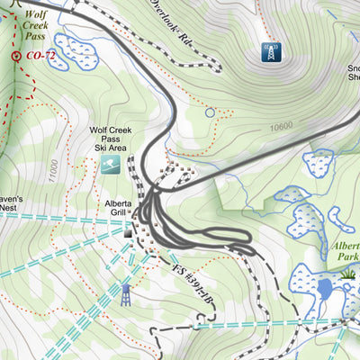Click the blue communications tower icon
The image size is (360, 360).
pyautogui.click(x=269, y=52)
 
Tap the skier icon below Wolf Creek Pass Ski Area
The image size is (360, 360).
pyautogui.click(x=110, y=166)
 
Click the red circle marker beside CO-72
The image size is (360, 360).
pyautogui.click(x=16, y=56)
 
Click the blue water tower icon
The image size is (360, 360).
pyautogui.click(x=126, y=293)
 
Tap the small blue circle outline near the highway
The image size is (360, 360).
pyautogui.click(x=211, y=112)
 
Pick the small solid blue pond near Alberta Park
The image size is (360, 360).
pyautogui.click(x=324, y=290)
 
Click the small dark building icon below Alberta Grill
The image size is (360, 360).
pyautogui.click(x=128, y=233)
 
